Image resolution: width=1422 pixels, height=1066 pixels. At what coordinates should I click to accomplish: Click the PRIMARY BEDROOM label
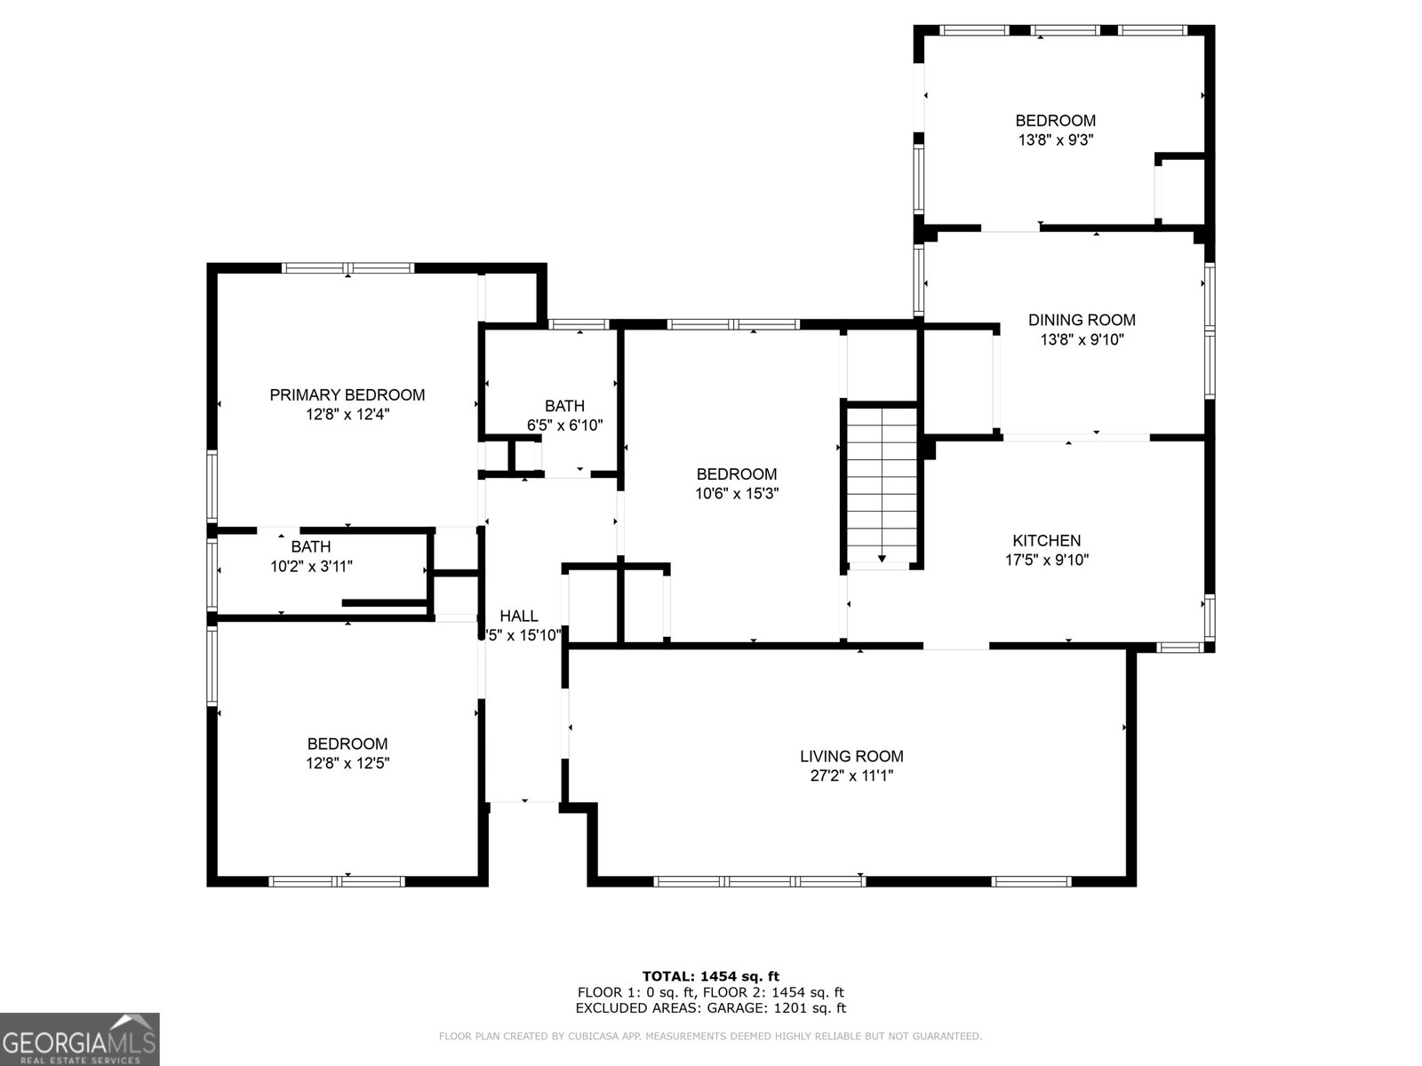[347, 394]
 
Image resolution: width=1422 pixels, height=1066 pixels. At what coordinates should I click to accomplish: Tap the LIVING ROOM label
[851, 756]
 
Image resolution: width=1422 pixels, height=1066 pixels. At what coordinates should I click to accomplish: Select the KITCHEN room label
[1046, 540]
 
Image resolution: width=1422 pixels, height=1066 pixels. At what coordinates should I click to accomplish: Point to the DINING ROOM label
[1082, 320]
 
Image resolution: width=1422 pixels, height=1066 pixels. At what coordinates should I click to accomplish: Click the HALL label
[518, 616]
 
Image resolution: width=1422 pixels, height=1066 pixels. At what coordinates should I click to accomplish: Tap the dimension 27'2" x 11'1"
[851, 776]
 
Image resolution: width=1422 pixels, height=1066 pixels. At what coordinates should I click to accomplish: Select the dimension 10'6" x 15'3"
[737, 494]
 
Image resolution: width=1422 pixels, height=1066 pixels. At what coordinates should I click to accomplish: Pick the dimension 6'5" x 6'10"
[565, 426]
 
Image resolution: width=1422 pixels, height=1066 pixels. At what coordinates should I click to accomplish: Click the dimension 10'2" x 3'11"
[311, 566]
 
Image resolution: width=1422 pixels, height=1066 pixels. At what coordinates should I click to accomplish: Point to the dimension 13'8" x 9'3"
[1055, 139]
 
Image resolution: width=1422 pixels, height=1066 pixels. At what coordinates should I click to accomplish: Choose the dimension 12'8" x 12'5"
[348, 763]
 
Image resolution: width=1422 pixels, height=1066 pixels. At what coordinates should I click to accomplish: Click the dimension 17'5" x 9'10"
[1046, 560]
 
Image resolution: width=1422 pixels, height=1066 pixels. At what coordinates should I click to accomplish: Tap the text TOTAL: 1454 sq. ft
[710, 976]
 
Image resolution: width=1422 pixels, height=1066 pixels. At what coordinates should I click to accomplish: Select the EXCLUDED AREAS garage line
[710, 1008]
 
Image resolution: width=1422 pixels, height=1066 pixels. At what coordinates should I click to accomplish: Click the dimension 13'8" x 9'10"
[1082, 339]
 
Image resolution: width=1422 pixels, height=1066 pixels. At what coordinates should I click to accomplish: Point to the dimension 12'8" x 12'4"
[347, 414]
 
